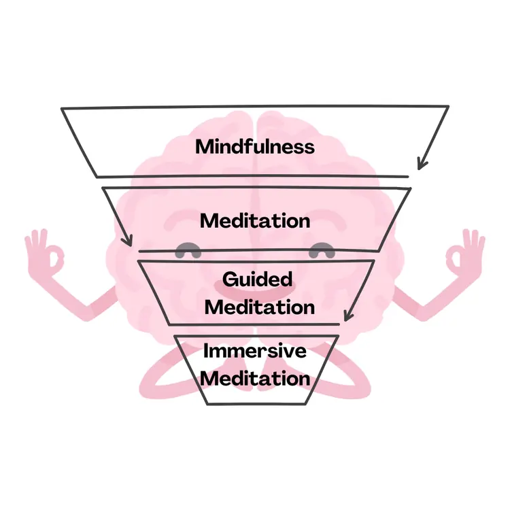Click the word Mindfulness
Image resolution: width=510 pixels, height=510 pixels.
pos(255,147)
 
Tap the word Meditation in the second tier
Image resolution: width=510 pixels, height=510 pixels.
pos(255,221)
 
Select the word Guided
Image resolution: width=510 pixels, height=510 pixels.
pos(257,280)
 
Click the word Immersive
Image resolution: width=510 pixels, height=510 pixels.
pos(255,351)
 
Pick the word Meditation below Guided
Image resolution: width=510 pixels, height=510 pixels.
pos(260,307)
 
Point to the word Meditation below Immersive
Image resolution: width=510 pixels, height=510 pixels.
pos(255,379)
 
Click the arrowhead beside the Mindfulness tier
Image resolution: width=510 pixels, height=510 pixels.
pos(422,164)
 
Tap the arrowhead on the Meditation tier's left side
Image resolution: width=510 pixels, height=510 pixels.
pos(128,241)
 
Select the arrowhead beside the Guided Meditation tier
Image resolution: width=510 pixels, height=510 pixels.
pos(349,315)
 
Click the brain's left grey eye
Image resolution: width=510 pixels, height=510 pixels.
pos(188,250)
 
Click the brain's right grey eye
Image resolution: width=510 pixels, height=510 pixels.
pos(322,250)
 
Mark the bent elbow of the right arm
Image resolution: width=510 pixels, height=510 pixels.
pos(422,313)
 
